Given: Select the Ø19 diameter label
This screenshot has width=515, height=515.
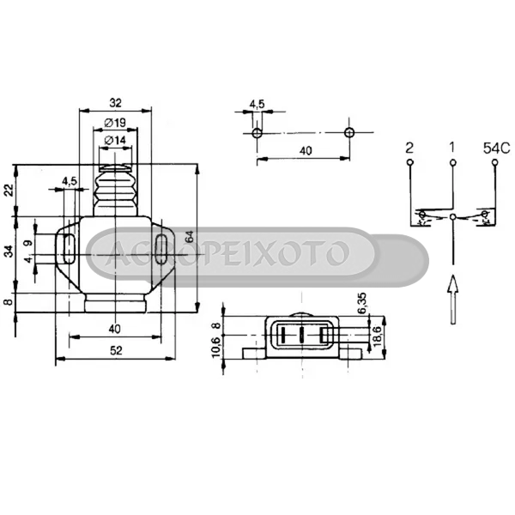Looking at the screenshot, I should [115, 122].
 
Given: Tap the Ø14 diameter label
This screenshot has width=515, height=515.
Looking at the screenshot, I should [115, 139].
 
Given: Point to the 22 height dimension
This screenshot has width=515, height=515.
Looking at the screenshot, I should [9, 190].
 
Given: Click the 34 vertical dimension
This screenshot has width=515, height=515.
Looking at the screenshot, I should [9, 251].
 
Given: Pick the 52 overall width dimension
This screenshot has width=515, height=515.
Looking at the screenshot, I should [115, 350].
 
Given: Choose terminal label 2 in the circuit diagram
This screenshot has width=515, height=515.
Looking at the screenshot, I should [410, 148].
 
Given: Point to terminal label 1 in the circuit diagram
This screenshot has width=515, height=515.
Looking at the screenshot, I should [452, 148].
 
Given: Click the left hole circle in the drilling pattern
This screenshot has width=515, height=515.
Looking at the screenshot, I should [257, 133].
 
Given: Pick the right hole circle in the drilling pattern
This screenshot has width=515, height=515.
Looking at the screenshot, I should [348, 133].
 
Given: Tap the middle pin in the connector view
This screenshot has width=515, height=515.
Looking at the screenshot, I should [302, 335].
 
